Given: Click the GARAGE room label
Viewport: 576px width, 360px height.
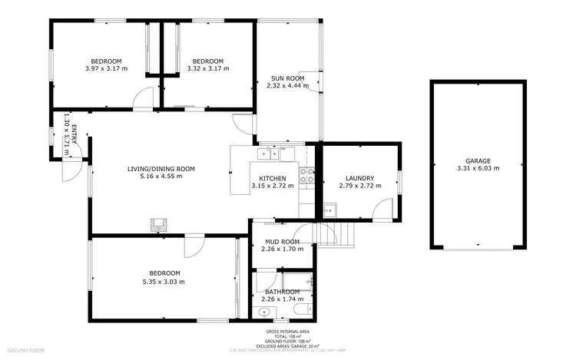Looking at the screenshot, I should pos(478,161).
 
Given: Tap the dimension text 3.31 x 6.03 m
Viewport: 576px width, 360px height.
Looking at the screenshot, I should pos(478,169).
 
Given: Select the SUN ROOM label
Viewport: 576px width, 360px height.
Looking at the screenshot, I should pos(287,78).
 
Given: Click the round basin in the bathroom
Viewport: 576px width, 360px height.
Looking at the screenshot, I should pos(265,312).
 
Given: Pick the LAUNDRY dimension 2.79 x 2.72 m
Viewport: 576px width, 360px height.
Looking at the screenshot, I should pos(359,186).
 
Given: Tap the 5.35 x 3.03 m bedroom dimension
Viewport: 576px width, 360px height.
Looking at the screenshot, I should pos(164,281).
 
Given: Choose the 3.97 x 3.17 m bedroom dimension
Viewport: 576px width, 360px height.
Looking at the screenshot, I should pos(107,69).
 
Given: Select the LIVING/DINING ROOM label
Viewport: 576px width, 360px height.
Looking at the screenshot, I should pos(161,169).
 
